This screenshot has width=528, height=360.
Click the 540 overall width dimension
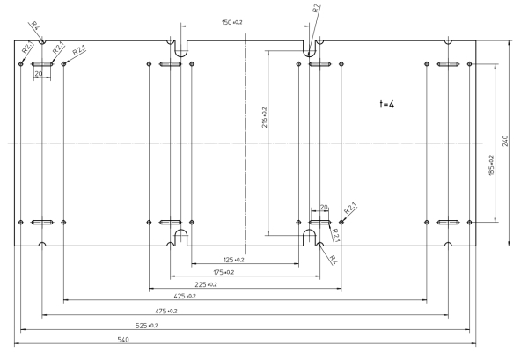tap(123, 340)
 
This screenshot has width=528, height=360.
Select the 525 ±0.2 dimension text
tap(146, 326)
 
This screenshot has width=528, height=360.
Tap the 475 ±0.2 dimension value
tap(166, 312)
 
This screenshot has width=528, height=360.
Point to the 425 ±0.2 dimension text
tap(185, 297)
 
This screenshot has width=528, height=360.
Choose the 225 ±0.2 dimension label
tap(206, 284)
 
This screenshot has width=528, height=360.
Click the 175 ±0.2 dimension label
tap(224, 272)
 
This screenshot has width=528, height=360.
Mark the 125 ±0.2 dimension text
tap(234, 260)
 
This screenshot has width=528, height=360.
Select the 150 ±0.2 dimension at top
tap(232, 22)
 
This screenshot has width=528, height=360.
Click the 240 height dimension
tap(505, 141)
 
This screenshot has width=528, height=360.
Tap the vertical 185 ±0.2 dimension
tap(491, 165)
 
